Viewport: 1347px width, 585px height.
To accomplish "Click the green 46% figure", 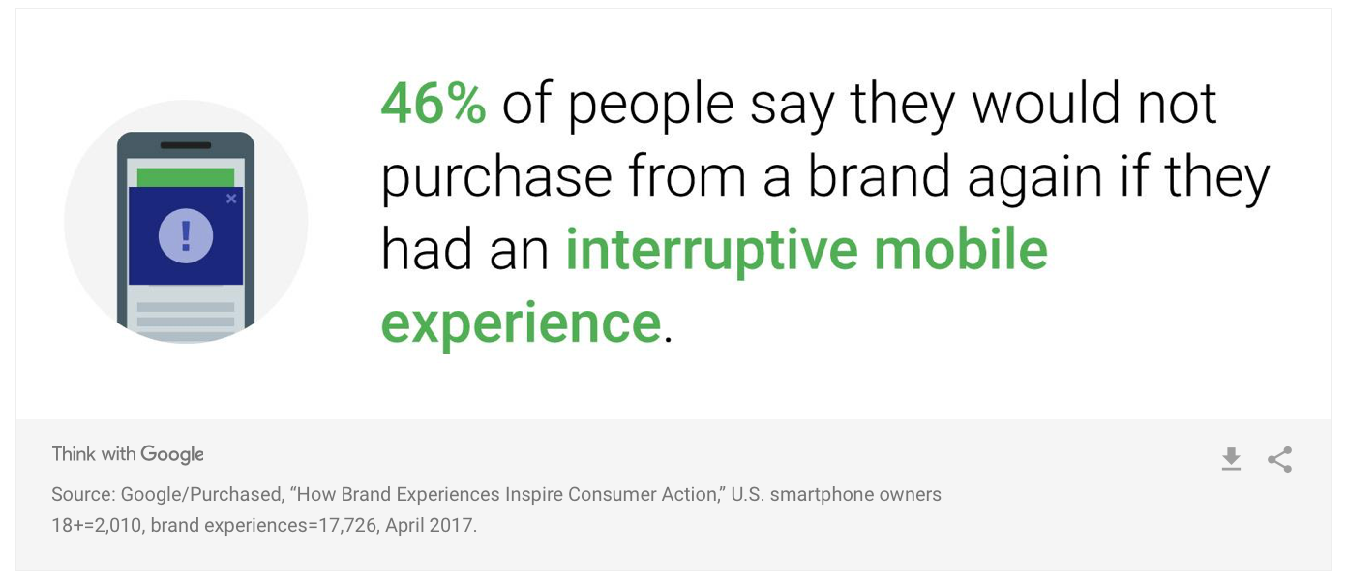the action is [434, 104].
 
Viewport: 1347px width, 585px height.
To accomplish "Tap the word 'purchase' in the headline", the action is [496, 178].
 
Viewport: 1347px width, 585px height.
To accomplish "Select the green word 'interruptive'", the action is [712, 251].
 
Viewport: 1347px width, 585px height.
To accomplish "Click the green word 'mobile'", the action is [961, 249].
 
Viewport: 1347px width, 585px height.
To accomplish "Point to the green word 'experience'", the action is [522, 323].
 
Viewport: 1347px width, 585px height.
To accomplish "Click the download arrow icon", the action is [1231, 459].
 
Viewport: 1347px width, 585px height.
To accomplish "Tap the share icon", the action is [1279, 459].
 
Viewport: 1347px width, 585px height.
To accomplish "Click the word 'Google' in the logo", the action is [172, 454].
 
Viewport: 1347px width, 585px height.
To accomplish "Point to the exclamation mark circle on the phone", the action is [185, 236].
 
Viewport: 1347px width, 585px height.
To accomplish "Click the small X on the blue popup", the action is [231, 199].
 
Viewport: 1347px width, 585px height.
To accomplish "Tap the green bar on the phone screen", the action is [186, 177].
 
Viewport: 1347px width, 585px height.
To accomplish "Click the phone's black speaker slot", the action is [186, 145].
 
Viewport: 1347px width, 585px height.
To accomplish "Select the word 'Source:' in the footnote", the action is [83, 494].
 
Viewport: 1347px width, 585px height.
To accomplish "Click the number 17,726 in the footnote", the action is [348, 525].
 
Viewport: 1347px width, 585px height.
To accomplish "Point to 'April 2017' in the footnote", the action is [431, 525].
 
